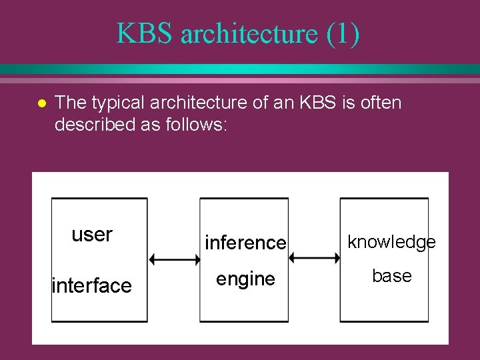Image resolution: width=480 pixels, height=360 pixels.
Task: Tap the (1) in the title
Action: click(x=343, y=34)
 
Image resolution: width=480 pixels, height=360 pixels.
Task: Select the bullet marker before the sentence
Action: click(x=41, y=104)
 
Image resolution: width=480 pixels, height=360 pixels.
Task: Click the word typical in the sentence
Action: click(x=117, y=103)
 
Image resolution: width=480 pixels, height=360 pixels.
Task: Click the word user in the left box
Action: click(x=92, y=235)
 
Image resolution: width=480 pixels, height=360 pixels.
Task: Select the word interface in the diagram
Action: click(x=92, y=286)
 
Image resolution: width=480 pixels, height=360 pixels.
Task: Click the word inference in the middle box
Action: click(x=245, y=243)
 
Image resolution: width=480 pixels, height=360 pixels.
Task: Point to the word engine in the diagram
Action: click(x=245, y=279)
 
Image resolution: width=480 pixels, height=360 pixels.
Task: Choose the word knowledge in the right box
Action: click(x=391, y=242)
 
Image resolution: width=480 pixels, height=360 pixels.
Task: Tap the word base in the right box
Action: click(x=391, y=276)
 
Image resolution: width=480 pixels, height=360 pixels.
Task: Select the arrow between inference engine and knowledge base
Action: click(x=314, y=257)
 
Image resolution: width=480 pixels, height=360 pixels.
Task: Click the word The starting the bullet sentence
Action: click(x=69, y=103)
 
